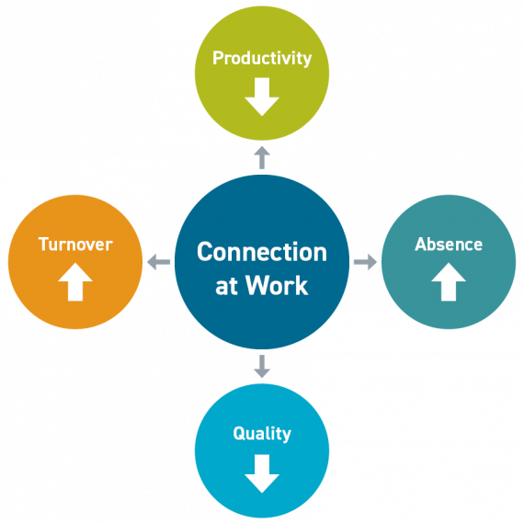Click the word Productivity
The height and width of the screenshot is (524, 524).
[x=262, y=58]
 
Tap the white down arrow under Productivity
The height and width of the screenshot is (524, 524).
[x=262, y=97]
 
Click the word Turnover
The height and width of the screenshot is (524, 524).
[x=75, y=245]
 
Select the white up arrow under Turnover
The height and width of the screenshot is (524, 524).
[x=75, y=283]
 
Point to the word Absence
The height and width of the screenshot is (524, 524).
[x=449, y=245]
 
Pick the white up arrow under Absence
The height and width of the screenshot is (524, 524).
[x=449, y=283]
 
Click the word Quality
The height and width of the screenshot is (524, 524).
[x=262, y=433]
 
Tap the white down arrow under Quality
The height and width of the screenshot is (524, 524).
[x=262, y=473]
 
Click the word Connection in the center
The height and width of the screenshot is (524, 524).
[x=262, y=252]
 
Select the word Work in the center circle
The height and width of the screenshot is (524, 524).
[x=279, y=285]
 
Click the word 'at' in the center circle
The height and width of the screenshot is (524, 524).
[x=226, y=286]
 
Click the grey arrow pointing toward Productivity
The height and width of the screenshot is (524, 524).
[x=262, y=156]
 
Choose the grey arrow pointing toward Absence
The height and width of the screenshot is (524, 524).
[x=366, y=263]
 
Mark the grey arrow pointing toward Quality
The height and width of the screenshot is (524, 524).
[x=262, y=367]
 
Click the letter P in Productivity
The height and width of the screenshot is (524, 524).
[x=218, y=58]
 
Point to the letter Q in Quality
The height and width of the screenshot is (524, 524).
[x=238, y=433]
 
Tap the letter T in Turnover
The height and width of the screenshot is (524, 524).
[x=43, y=245]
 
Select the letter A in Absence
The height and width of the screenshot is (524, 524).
[x=420, y=245]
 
